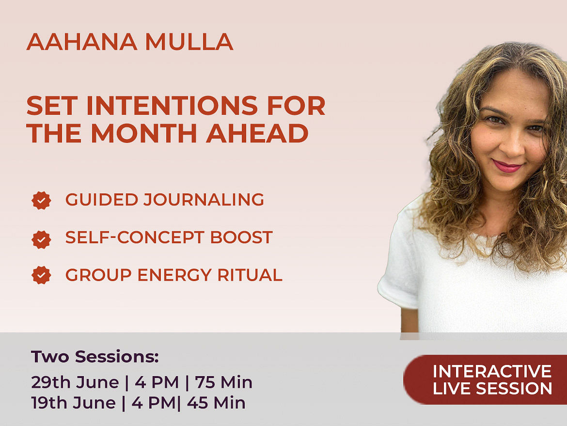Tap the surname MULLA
(189, 42)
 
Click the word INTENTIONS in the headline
(172, 106)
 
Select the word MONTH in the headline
(144, 133)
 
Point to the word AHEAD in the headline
(257, 133)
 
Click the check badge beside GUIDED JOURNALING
(41, 200)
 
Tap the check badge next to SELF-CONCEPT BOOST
(41, 239)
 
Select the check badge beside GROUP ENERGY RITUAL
(41, 275)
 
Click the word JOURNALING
(204, 200)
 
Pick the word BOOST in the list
(241, 237)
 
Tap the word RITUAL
(250, 275)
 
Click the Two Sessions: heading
(94, 357)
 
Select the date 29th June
(75, 382)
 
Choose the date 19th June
(73, 403)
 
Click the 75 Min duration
(223, 382)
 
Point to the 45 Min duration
(216, 403)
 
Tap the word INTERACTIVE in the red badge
(492, 371)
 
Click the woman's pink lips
(507, 166)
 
